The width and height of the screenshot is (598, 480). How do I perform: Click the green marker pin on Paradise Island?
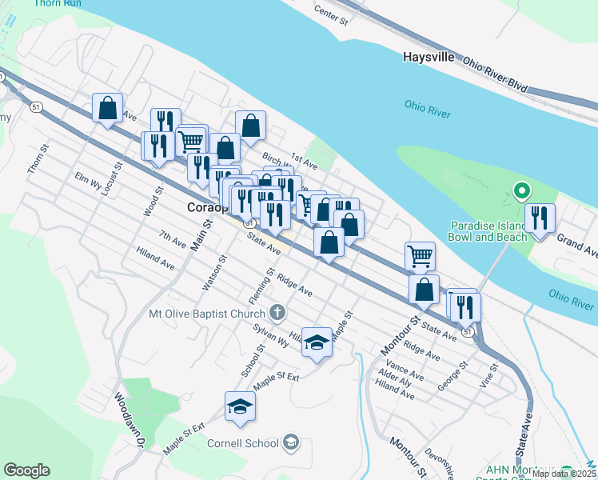[521, 191]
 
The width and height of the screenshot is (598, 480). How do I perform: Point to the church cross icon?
[277, 312]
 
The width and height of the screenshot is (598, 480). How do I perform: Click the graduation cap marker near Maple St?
[317, 343]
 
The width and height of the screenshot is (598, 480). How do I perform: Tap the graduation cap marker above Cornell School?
[240, 407]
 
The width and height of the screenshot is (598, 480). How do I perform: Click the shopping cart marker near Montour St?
[420, 256]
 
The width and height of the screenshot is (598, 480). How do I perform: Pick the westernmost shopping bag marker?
[107, 108]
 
